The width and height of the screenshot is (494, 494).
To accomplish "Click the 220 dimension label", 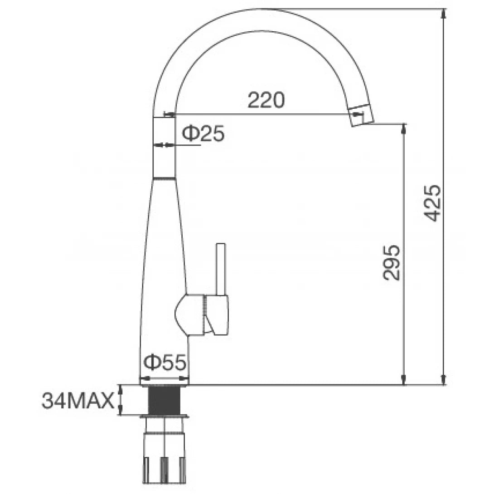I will [266, 100].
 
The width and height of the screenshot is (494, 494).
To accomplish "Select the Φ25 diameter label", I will [203, 134].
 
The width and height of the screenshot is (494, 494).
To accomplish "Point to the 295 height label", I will [392, 263].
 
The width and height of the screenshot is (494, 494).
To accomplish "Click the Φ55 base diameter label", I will [165, 363].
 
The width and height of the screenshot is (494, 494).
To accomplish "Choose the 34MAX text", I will [77, 401].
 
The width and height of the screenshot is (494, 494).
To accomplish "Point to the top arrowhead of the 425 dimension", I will [444, 14].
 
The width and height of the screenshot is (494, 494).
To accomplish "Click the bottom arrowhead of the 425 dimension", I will [444, 380].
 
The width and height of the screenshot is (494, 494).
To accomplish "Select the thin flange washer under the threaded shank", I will [164, 416].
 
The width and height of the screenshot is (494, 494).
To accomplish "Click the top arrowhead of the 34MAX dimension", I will [121, 388].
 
